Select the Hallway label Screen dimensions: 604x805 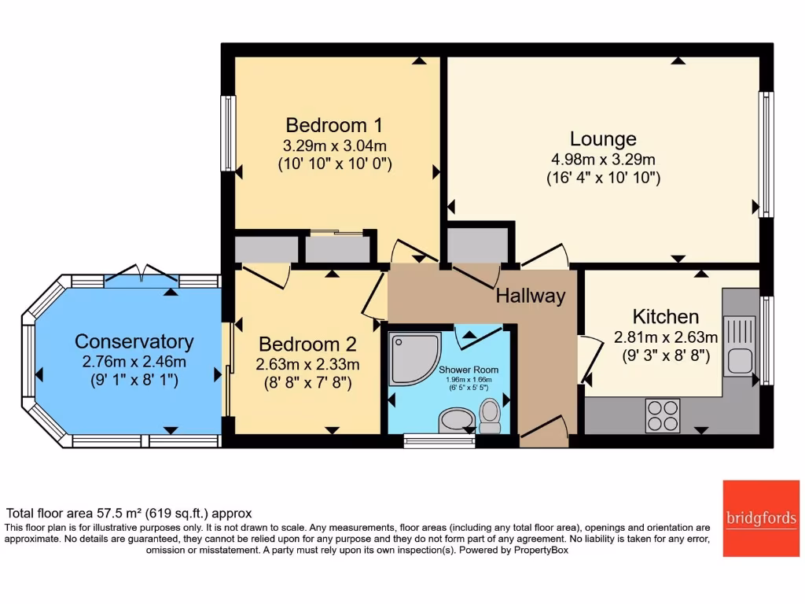pos(531,296)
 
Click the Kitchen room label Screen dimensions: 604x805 pos(666,317)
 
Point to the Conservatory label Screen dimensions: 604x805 pos(134,341)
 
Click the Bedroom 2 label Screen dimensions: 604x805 pos(307,344)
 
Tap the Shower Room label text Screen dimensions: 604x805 pos(469,370)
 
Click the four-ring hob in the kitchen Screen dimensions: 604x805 pos(663,415)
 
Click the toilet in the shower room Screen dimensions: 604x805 pos(490,415)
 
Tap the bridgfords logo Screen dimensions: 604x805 pos(760,517)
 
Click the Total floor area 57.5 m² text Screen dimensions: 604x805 pos(129,513)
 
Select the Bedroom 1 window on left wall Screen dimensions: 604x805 pos(228,133)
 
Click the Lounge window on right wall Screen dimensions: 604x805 pos(765,153)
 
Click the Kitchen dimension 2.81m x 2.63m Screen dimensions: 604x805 pos(666,337)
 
